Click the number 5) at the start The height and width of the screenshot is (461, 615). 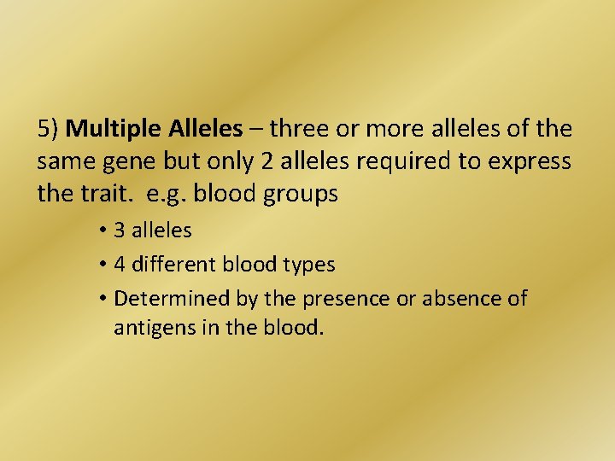pyautogui.click(x=48, y=130)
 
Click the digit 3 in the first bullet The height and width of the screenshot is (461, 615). pyautogui.click(x=120, y=230)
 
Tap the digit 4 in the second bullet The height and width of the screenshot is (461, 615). pyautogui.click(x=120, y=265)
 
